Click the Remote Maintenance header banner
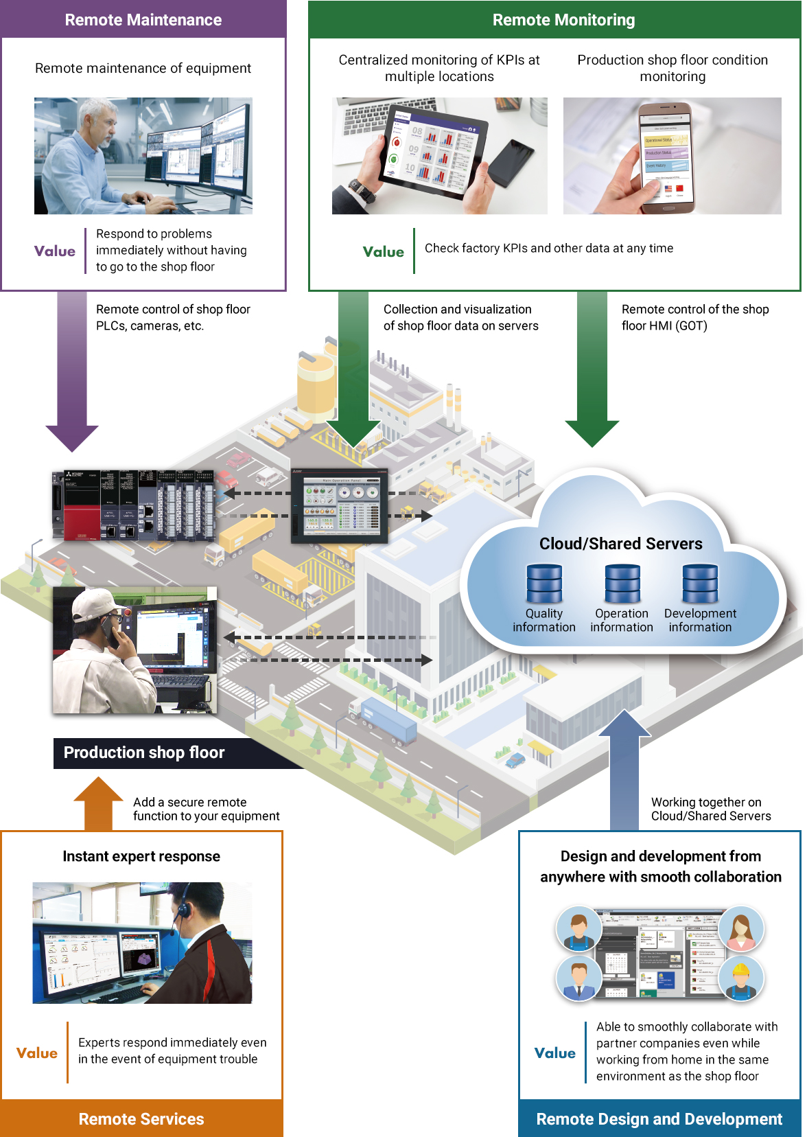[143, 19]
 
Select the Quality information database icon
[544, 583]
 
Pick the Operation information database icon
[622, 583]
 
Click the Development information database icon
[700, 583]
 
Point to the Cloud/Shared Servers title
[620, 544]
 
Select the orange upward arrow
[98, 802]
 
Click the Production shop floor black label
[144, 753]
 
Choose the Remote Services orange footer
[141, 1118]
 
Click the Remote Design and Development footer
[659, 1118]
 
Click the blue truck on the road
[388, 721]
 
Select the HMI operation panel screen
[340, 505]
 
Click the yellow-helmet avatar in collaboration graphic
[741, 978]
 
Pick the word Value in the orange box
[37, 1053]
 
